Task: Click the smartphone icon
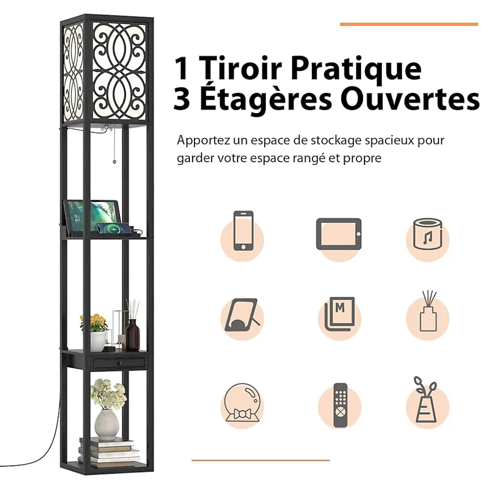point(243,230)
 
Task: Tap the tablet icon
point(339,234)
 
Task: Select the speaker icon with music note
point(427,234)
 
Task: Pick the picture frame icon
point(242,315)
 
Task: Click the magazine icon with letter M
point(340,314)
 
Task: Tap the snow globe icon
point(242,403)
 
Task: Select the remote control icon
point(340,405)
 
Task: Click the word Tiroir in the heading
point(240,68)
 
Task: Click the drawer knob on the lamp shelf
point(120,364)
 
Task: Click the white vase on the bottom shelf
point(107,424)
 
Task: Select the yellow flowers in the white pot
point(94,322)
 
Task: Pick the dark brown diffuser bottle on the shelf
point(132,335)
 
